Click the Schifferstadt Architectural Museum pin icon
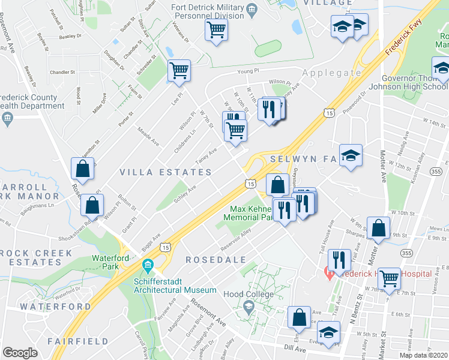tap(148, 265)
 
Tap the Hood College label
tap(249, 294)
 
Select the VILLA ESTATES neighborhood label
tap(165, 172)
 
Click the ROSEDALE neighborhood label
tap(207, 260)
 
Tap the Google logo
tap(20, 353)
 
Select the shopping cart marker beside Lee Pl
tap(179, 70)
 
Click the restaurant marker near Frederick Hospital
tap(340, 260)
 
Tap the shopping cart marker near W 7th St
tap(389, 278)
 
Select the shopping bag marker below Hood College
tap(299, 317)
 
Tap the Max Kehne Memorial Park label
tap(248, 213)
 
